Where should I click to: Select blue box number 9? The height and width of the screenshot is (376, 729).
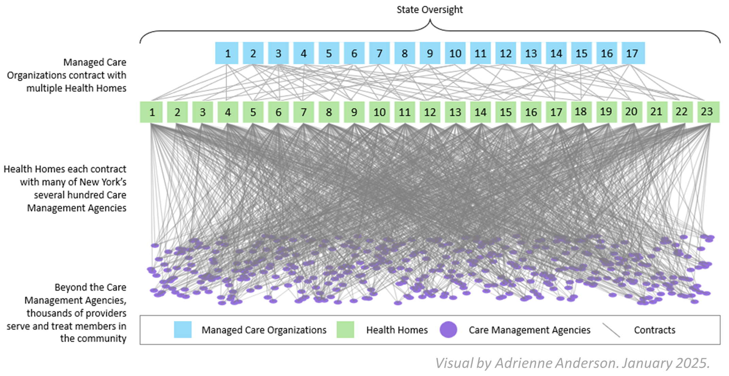430,53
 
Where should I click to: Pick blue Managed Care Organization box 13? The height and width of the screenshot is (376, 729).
531,53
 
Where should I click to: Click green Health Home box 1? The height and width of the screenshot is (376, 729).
152,112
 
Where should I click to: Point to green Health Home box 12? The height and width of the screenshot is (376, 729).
430,112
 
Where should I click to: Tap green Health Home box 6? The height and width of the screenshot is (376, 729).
278,112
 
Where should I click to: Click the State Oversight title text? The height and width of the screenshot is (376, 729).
430,10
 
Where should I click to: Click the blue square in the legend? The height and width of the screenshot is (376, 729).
183,329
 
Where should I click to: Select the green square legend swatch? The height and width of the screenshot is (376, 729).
345,329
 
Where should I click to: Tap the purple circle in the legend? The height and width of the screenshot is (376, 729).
448,329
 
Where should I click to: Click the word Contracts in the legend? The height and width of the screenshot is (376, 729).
655,330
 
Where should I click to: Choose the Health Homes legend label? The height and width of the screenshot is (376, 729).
397,330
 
